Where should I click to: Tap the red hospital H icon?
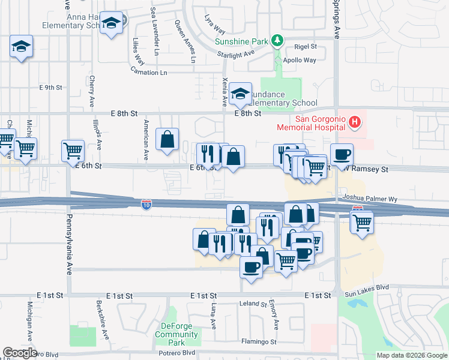(x=355, y=122)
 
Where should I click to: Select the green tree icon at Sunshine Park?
(x=277, y=41)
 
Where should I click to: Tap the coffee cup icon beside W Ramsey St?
(x=342, y=154)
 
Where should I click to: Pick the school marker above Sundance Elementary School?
(x=240, y=93)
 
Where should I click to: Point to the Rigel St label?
(x=305, y=47)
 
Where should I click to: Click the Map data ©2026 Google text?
(x=412, y=355)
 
